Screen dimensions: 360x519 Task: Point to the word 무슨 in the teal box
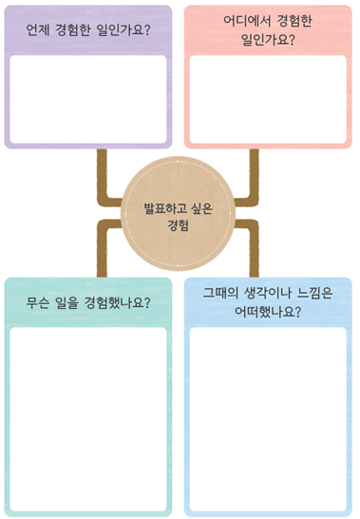[x=41, y=303]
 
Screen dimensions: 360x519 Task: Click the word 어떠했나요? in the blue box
[x=269, y=311]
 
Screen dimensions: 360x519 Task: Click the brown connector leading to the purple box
[x=102, y=181]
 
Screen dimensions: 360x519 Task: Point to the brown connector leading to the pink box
[x=252, y=181]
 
